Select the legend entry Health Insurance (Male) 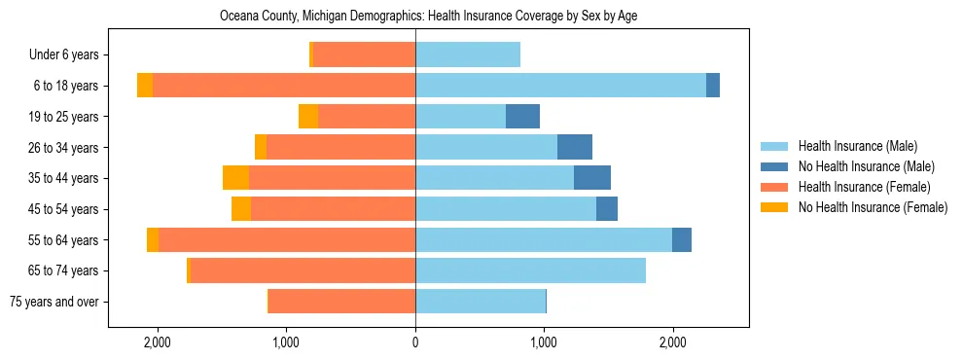point(857,146)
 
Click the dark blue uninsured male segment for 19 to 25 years point(522,117)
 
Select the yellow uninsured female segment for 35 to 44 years point(235,178)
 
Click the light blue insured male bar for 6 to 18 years point(560,86)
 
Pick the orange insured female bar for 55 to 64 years point(287,240)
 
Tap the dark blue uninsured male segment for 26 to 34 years point(574,147)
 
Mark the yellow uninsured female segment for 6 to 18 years point(145,86)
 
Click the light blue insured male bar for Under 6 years point(468,54)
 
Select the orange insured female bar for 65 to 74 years point(303,270)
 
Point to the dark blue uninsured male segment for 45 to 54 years point(606,209)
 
